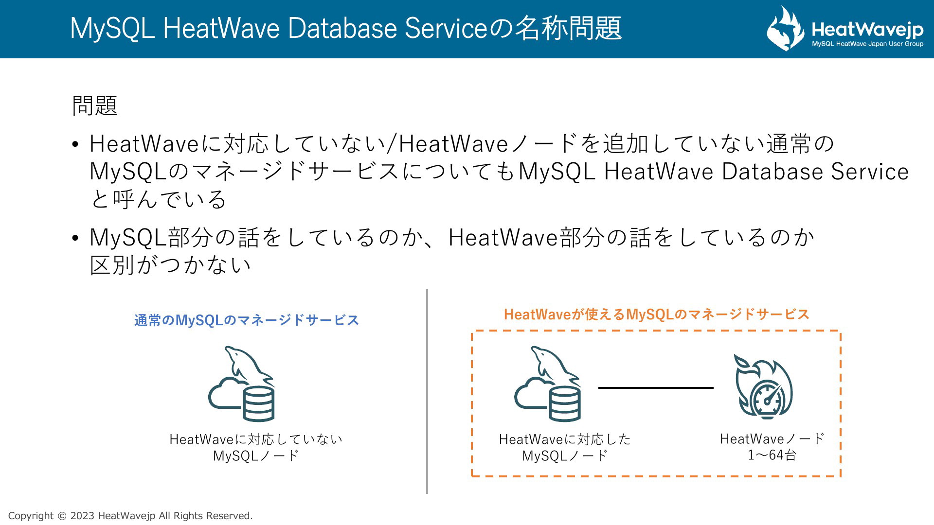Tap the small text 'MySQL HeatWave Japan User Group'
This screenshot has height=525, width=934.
coord(867,44)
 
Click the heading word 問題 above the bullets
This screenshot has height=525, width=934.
coord(95,105)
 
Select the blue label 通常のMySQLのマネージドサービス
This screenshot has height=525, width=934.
coord(247,320)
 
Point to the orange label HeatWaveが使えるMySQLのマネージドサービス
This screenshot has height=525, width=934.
coord(657,315)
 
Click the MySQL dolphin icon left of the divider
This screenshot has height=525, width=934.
coord(242,384)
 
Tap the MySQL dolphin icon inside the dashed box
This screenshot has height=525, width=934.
coord(548,384)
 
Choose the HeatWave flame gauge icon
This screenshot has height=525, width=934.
coord(763,386)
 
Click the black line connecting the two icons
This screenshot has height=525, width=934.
coord(656,388)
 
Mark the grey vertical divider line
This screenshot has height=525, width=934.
coord(427,392)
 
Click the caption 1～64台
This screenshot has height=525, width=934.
coord(772,455)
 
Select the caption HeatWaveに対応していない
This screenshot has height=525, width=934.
coord(256,439)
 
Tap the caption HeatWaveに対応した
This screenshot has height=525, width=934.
coord(565,439)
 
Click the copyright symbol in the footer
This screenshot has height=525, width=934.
coord(62,516)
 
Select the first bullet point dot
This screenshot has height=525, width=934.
coord(75,144)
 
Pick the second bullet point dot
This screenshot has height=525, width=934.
coord(75,238)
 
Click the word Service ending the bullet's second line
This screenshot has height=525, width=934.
coord(870,172)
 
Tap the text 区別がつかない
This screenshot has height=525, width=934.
coord(170,265)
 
